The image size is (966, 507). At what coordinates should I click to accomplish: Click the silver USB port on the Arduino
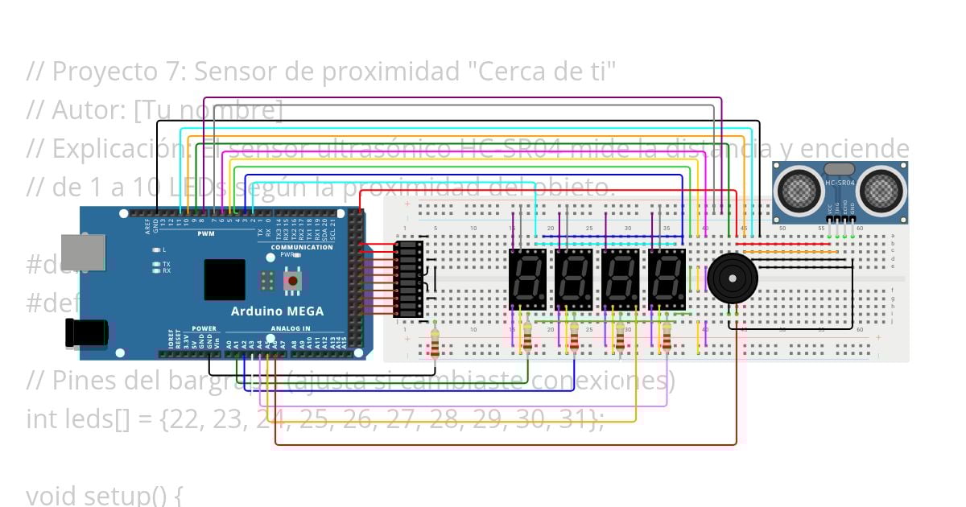tap(83, 251)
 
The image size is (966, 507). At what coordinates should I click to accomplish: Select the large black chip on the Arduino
tap(225, 279)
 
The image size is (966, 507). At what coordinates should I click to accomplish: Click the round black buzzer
tap(733, 277)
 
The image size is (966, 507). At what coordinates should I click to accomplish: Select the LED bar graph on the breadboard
tap(408, 278)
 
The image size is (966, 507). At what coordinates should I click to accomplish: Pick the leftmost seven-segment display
tap(528, 279)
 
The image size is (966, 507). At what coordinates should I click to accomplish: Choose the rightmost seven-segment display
tap(667, 279)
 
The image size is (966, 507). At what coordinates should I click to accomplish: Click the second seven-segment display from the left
tap(574, 279)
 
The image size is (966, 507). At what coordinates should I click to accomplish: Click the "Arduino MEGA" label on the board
tap(277, 311)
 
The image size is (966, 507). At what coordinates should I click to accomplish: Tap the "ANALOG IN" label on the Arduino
tap(290, 328)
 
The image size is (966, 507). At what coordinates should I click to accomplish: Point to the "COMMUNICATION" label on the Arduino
tap(303, 247)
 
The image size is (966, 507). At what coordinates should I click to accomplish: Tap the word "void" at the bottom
tap(55, 495)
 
